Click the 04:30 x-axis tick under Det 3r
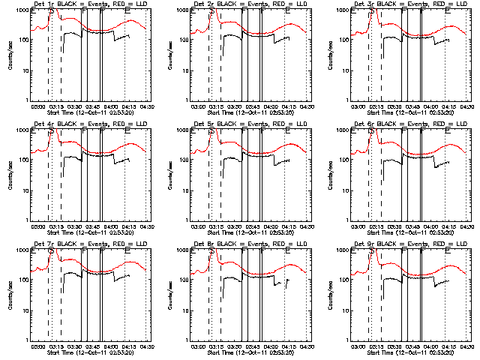[x=468, y=106]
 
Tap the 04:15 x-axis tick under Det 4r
[x=130, y=226]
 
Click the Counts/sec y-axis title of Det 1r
[x=10, y=56]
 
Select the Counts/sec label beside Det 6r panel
[x=331, y=175]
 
